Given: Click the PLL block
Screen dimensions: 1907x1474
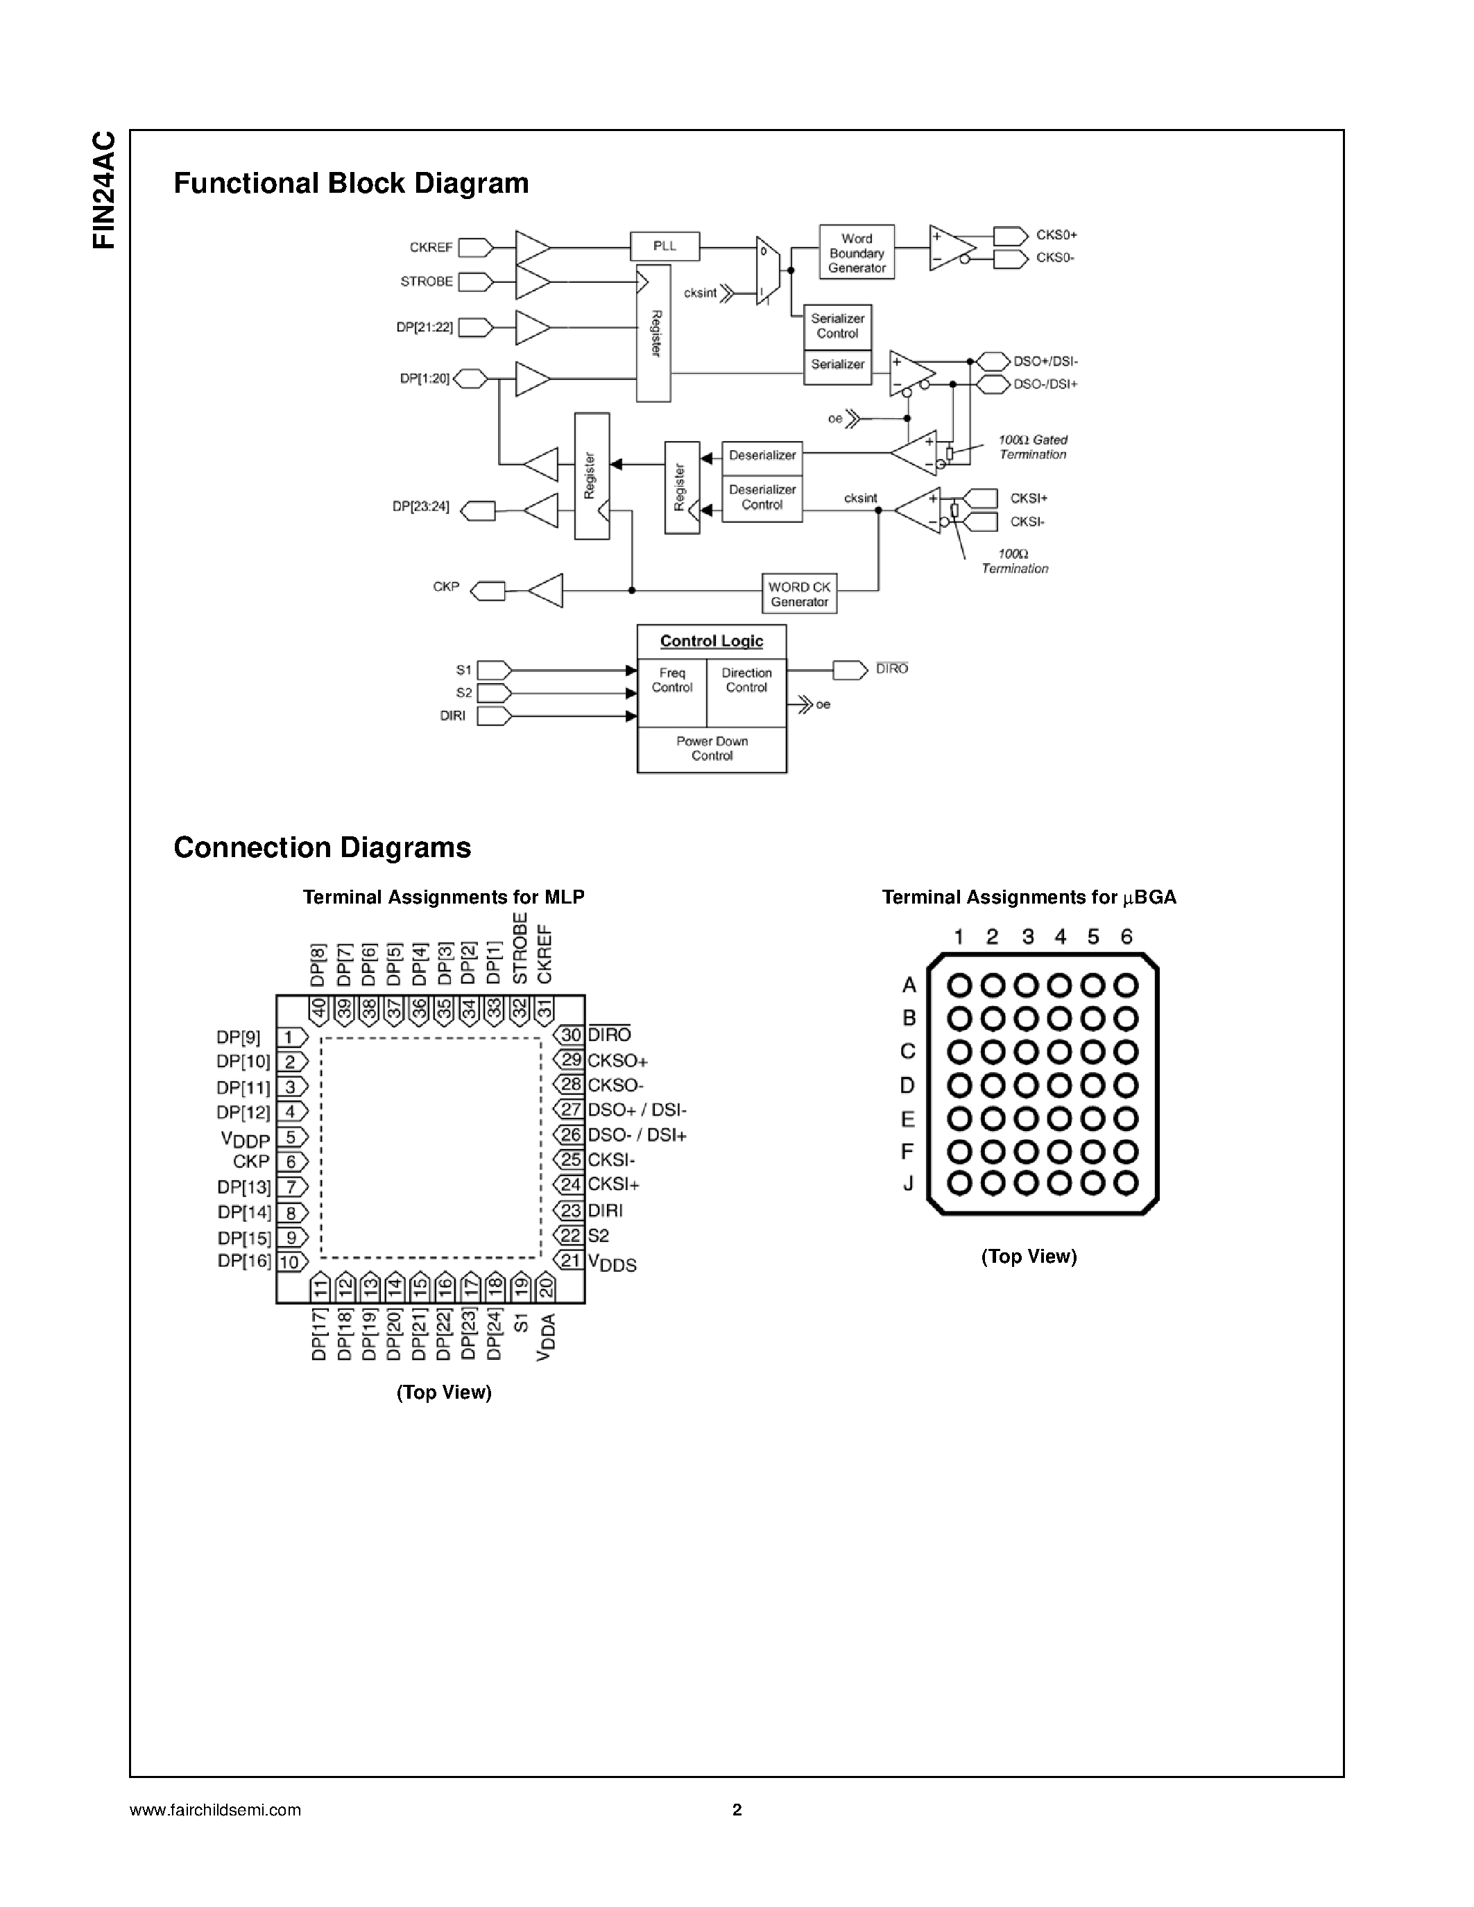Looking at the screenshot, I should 665,246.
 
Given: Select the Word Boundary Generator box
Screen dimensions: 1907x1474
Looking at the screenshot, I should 856,252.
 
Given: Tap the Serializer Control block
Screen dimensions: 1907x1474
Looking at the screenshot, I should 837,326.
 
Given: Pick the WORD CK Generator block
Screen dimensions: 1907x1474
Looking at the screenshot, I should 799,594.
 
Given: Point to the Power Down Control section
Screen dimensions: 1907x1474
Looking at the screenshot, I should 712,749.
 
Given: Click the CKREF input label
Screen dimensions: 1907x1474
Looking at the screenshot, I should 431,248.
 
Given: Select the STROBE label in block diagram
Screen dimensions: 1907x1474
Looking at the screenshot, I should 426,281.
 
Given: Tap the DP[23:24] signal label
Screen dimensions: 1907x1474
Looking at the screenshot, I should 420,506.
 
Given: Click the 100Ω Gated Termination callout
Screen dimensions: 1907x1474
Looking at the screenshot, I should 1032,447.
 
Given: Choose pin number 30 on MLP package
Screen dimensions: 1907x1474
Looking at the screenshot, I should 571,1035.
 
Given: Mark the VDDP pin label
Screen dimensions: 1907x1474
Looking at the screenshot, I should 246,1139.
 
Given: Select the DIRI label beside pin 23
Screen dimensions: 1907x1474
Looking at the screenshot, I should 605,1210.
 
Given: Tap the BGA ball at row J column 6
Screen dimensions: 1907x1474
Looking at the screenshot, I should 1126,1183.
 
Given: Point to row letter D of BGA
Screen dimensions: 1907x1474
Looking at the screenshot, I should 907,1085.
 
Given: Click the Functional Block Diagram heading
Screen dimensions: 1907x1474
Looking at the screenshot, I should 351,183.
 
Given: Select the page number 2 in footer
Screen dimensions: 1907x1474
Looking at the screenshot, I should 736,1809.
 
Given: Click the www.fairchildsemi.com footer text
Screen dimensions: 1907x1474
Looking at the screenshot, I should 215,1810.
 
